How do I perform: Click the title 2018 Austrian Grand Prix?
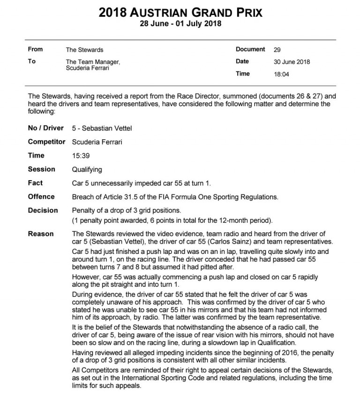point(180,12)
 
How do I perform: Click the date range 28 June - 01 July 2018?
point(180,23)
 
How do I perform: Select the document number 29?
point(277,50)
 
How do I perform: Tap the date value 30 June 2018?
point(292,62)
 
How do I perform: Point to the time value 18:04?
point(281,74)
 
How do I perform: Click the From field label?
point(35,49)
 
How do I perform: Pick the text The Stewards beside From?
point(84,50)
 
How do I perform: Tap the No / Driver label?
point(45,128)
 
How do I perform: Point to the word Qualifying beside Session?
point(87,169)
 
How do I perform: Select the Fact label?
point(35,183)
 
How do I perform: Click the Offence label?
point(41,197)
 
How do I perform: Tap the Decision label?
point(43,210)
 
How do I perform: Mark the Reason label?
point(41,234)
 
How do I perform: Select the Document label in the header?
point(250,49)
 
